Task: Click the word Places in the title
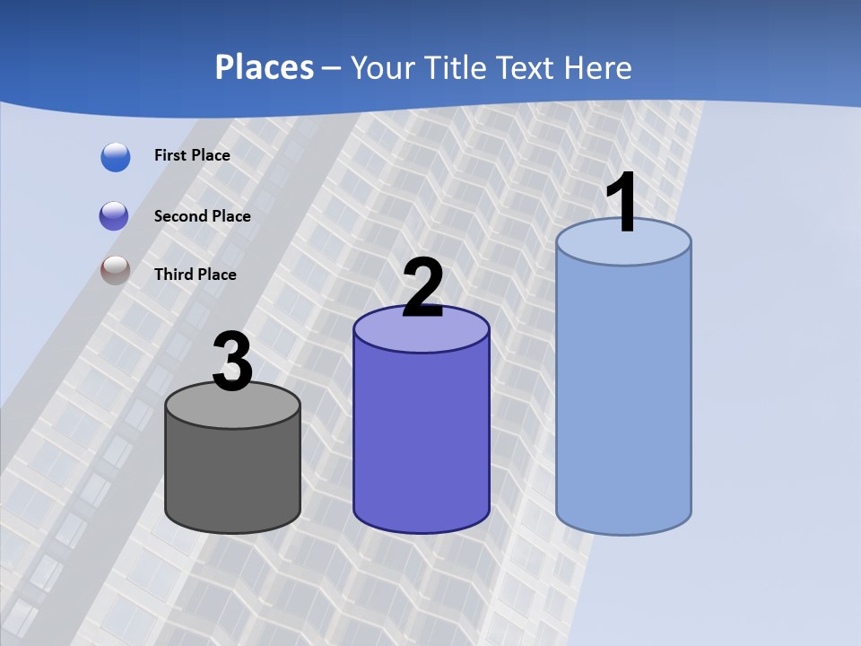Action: point(265,67)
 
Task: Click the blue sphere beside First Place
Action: point(116,157)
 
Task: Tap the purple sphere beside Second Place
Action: point(114,216)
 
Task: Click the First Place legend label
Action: point(192,155)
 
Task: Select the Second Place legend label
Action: point(202,216)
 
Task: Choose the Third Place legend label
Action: point(195,275)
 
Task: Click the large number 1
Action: point(622,203)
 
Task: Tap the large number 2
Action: point(422,288)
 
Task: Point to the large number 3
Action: point(232,362)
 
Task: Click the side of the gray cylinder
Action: point(232,476)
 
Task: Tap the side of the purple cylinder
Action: point(422,440)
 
